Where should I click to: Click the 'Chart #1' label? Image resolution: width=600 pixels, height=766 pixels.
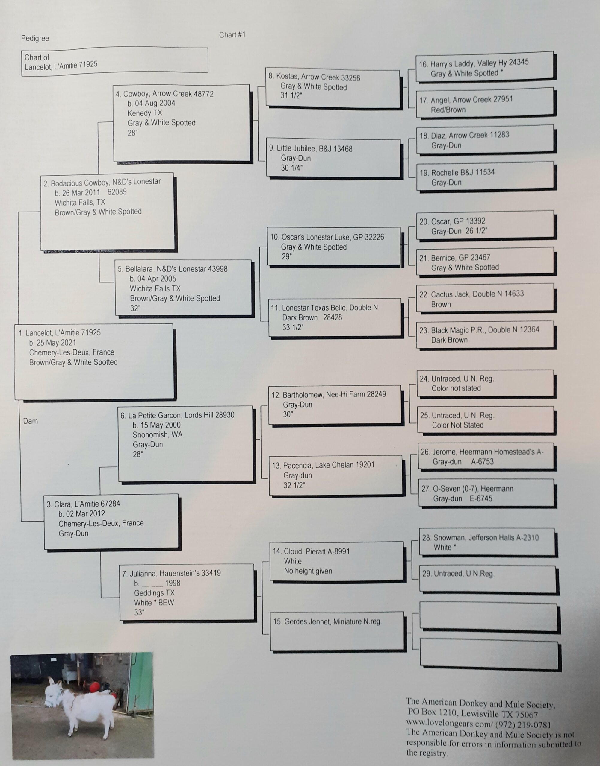tap(232, 35)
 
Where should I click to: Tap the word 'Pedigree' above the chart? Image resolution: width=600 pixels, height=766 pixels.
tap(35, 38)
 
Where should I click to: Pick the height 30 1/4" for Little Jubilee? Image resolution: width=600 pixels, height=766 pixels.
tap(291, 168)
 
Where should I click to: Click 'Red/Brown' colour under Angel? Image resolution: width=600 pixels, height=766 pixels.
tap(448, 110)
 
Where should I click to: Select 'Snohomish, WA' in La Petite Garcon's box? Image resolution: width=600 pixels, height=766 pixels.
tap(157, 434)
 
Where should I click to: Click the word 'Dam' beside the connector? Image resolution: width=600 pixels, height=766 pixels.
tap(30, 421)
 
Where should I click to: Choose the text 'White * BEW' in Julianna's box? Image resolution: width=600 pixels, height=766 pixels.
tap(154, 603)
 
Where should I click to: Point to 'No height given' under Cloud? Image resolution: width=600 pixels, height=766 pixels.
tap(308, 571)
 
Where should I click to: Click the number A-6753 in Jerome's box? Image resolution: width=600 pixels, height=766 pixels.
tap(482, 461)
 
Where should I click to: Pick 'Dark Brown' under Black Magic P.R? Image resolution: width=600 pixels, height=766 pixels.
tap(449, 340)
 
